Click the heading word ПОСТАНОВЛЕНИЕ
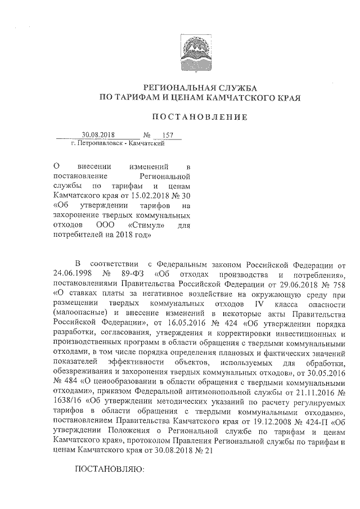coord(201,117)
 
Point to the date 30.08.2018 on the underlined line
coord(98,135)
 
